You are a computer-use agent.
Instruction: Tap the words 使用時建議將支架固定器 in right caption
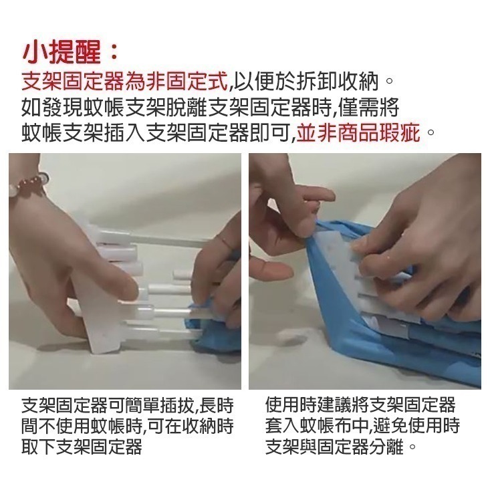(360, 404)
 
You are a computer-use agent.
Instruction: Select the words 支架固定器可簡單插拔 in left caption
(107, 404)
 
